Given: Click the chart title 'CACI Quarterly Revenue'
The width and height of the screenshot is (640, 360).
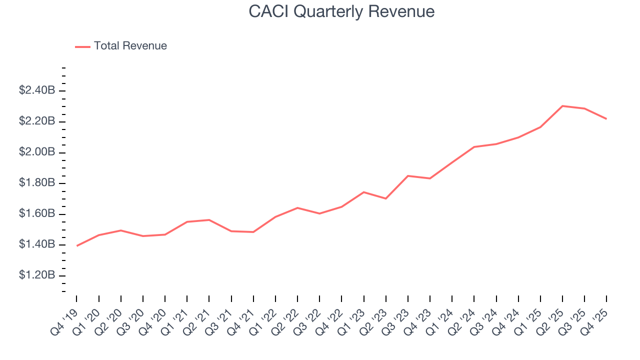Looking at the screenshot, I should pyautogui.click(x=341, y=12).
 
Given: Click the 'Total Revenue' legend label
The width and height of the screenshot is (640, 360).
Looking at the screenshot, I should pyautogui.click(x=130, y=46).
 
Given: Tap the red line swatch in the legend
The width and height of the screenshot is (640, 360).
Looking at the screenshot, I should pyautogui.click(x=82, y=46).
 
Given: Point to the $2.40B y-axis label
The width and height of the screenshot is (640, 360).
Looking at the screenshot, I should pyautogui.click(x=36, y=90).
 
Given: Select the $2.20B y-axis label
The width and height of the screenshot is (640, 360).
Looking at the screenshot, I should pyautogui.click(x=36, y=121).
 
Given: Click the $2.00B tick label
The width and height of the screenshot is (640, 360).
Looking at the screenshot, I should pyautogui.click(x=36, y=152).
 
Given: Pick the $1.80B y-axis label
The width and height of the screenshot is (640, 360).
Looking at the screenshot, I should pyautogui.click(x=36, y=183).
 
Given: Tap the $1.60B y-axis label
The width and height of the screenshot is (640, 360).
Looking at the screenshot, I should pyautogui.click(x=36, y=214).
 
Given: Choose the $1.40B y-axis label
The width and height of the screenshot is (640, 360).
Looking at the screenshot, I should pyautogui.click(x=36, y=244).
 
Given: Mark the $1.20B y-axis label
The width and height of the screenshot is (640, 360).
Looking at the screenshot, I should pyautogui.click(x=36, y=275).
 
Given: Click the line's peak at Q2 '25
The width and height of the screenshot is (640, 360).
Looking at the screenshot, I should pyautogui.click(x=562, y=106).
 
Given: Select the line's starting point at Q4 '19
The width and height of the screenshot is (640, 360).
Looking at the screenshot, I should pyautogui.click(x=77, y=245).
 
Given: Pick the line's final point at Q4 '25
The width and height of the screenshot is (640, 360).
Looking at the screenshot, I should pyautogui.click(x=606, y=119).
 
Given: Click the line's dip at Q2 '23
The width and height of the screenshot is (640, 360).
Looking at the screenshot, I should pyautogui.click(x=386, y=198).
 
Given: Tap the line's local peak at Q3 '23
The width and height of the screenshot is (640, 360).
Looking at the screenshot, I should pyautogui.click(x=408, y=176).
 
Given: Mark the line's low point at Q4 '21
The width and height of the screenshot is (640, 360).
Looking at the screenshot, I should pyautogui.click(x=253, y=232).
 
